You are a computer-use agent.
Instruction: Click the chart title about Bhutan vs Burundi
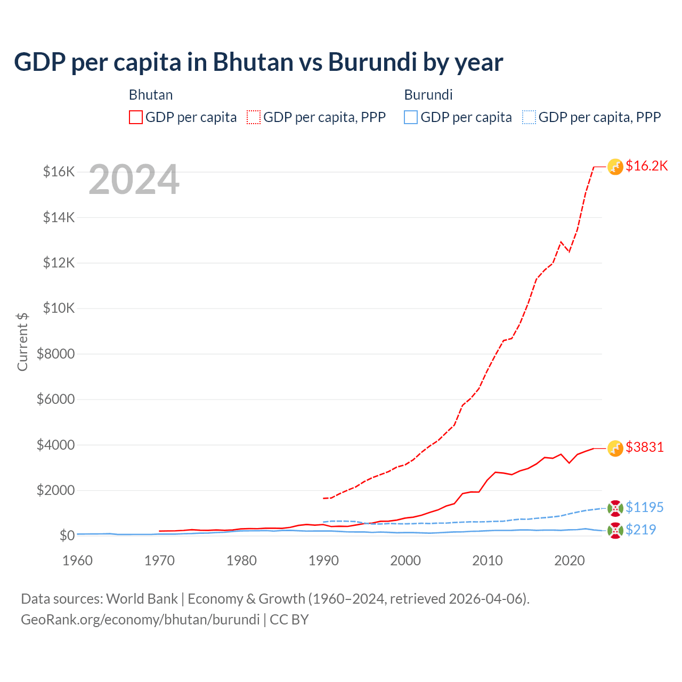pos(258,62)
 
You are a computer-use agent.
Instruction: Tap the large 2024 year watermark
pos(134,180)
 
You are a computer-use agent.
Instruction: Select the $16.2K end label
pos(646,166)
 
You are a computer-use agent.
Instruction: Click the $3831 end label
pos(645,447)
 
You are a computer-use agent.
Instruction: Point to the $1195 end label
pos(645,507)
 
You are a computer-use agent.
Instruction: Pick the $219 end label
pos(641,530)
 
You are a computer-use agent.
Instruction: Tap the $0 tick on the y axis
pos(67,535)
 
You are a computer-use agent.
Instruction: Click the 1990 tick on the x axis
pos(323,561)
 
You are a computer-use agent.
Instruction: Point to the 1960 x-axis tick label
pos(78,561)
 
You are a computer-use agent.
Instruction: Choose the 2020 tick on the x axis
pos(570,561)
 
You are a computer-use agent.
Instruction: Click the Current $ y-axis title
pos(22,342)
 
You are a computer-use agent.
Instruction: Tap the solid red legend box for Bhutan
pos(136,117)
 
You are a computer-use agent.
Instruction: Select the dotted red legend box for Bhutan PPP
pos(254,117)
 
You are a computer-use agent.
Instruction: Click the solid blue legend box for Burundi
pos(411,117)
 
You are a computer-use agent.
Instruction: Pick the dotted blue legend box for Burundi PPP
pos(529,117)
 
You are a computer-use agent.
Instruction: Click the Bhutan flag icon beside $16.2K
pos(615,167)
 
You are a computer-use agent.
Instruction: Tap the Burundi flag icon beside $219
pos(615,531)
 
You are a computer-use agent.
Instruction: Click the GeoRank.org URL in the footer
pos(140,620)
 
